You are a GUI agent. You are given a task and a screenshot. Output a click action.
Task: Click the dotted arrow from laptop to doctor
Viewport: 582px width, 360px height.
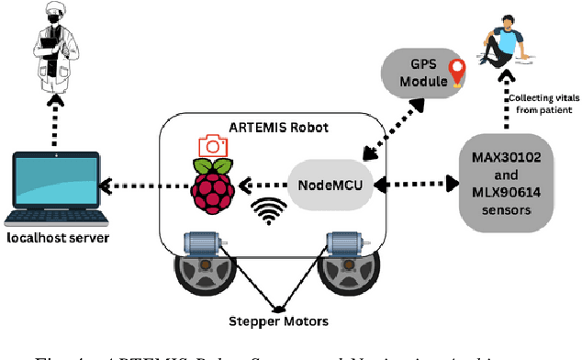pos(51,117)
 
